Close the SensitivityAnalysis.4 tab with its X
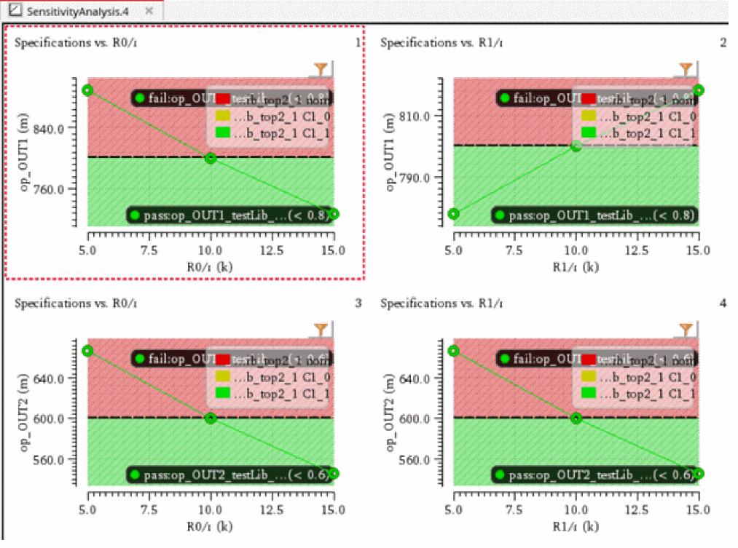click(x=149, y=11)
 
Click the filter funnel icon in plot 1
click(x=320, y=69)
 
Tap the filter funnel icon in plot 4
click(x=686, y=330)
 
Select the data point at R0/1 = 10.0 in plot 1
click(x=211, y=158)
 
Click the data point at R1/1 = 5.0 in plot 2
click(x=454, y=214)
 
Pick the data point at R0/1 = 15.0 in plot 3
click(x=334, y=473)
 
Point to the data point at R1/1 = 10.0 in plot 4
click(x=576, y=418)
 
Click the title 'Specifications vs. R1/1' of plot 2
click(x=441, y=43)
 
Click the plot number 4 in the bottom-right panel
click(x=723, y=303)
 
